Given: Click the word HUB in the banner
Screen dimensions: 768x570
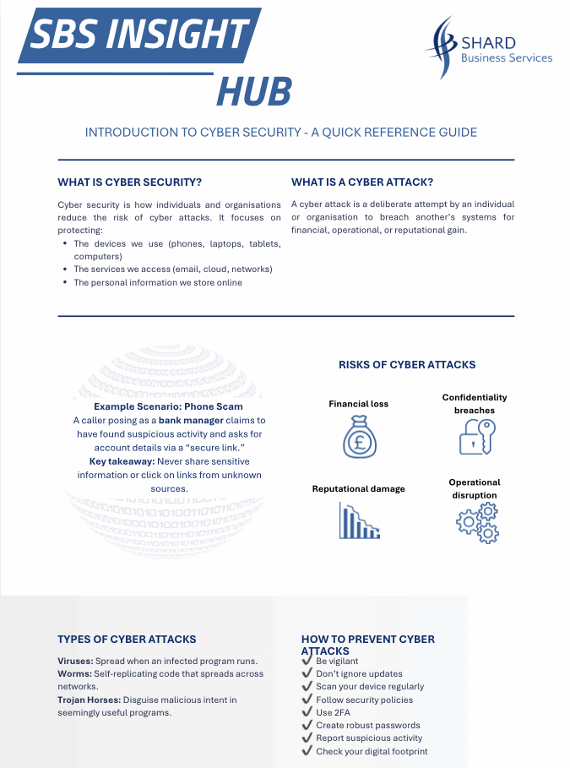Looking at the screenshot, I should [x=253, y=91].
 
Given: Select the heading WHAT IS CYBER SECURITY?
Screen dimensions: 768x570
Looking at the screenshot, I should [x=129, y=182].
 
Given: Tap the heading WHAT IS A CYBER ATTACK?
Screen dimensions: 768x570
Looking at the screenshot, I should [x=362, y=182].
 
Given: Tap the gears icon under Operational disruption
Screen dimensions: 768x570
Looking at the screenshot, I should [x=477, y=522].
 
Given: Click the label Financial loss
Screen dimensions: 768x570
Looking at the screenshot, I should [x=358, y=404].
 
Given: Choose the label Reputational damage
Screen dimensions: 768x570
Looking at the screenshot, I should [x=358, y=488].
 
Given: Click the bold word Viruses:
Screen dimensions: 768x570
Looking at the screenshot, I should [x=75, y=661].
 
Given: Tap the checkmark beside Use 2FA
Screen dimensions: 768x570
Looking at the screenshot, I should [x=307, y=712].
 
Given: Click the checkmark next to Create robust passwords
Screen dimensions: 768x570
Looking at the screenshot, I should [x=307, y=725].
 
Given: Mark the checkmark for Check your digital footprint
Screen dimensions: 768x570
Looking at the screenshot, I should [x=307, y=751].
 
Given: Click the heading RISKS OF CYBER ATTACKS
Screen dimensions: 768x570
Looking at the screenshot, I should [x=407, y=365].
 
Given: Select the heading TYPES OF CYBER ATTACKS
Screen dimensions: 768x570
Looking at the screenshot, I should [x=127, y=640].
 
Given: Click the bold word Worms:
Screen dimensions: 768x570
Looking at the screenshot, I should [x=74, y=673].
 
